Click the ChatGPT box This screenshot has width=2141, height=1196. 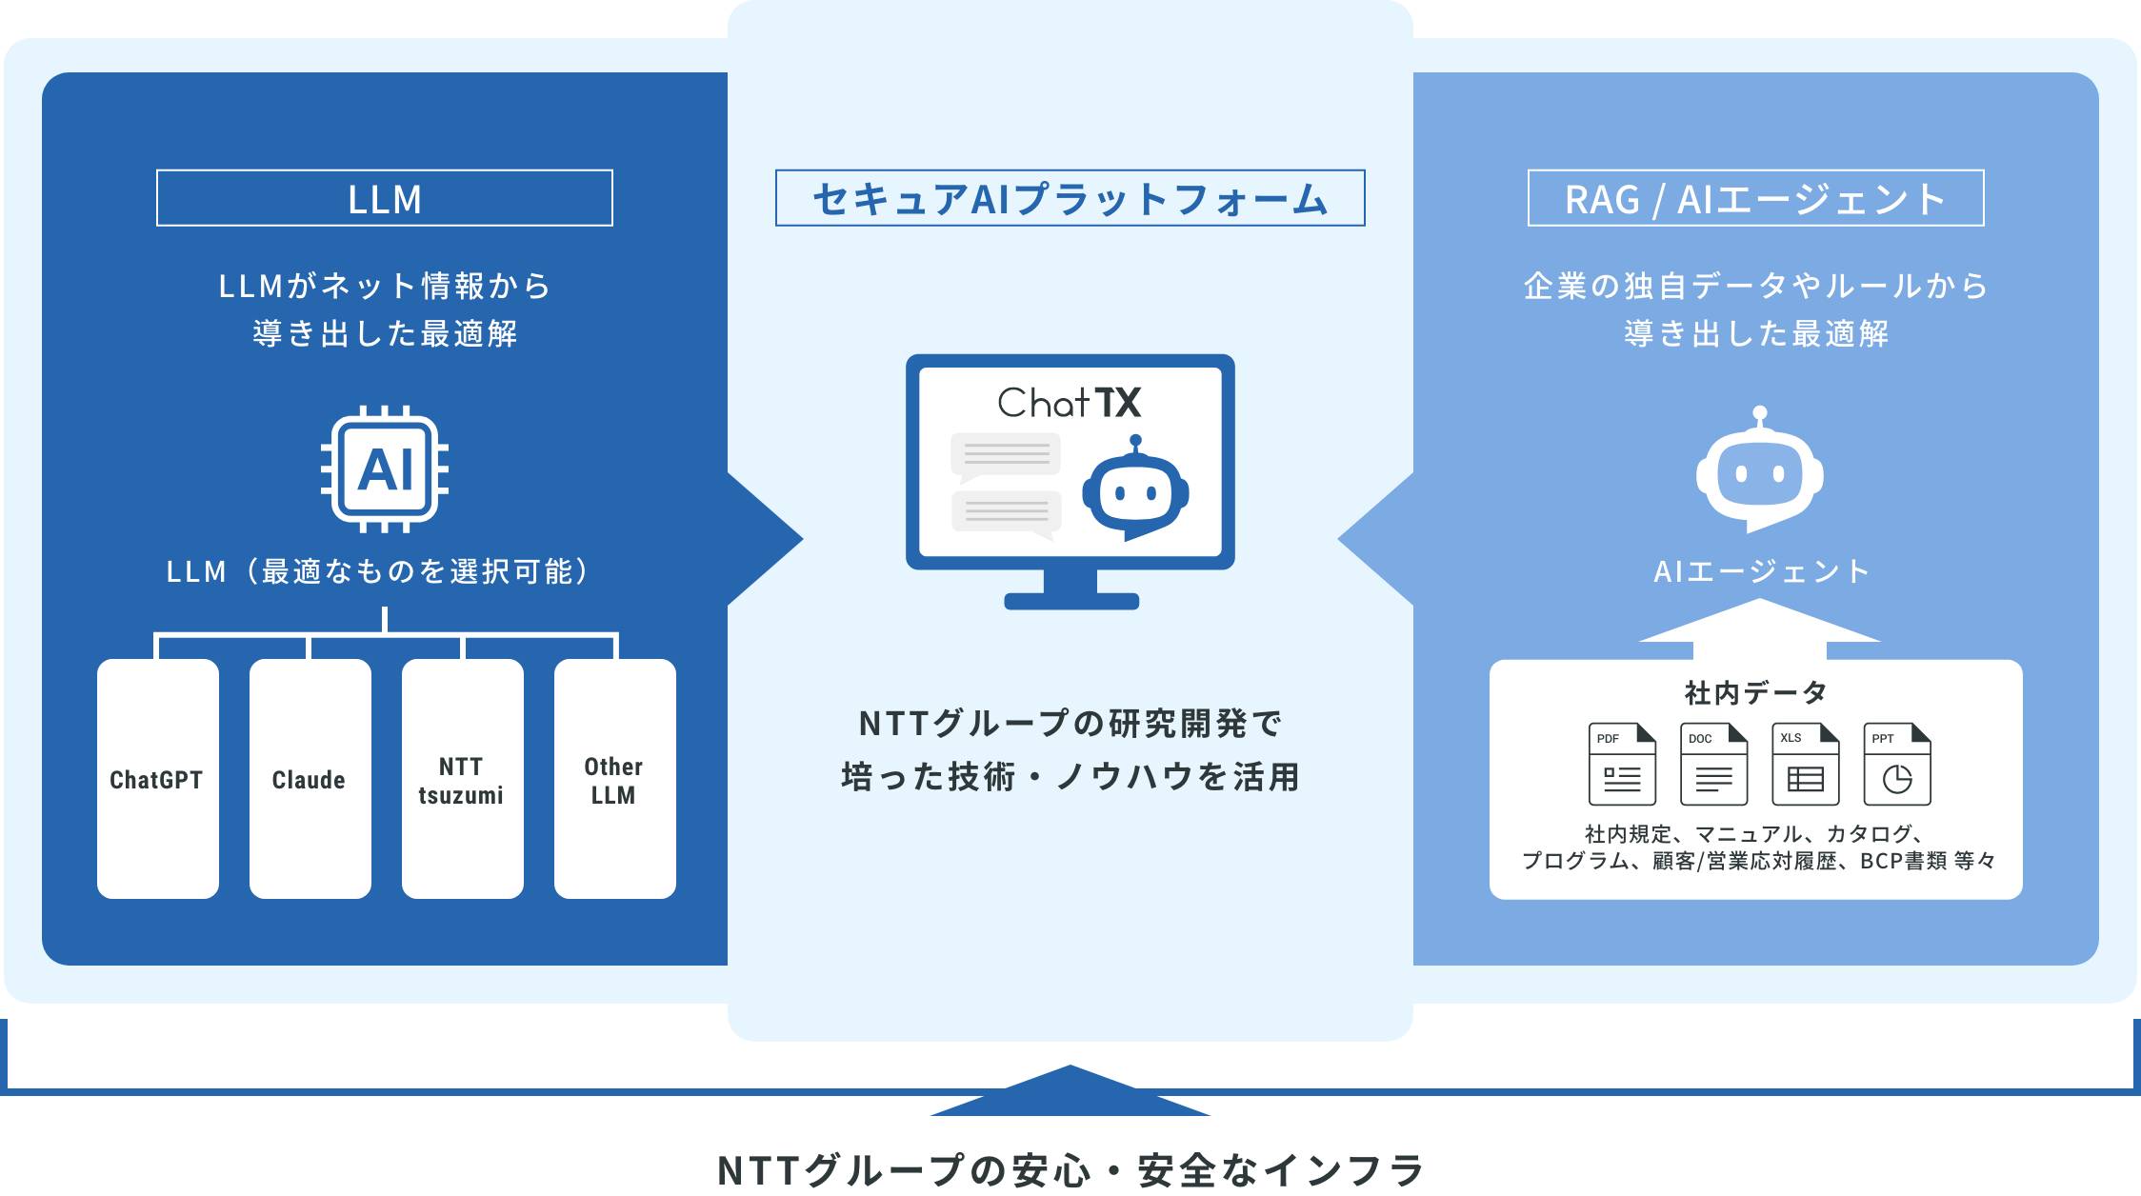point(157,779)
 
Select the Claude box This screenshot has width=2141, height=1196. point(310,779)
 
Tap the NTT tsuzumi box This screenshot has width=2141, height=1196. point(462,779)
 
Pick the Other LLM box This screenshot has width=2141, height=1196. point(614,779)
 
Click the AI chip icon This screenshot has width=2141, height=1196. point(385,469)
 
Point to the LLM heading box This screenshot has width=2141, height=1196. point(385,198)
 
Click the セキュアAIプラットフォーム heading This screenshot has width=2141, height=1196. point(1070,198)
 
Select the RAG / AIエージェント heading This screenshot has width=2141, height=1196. point(1755,198)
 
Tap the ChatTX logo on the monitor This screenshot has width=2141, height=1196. point(1069,403)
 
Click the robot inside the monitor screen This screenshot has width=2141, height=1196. point(1135,490)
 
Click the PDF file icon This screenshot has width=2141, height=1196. point(1622,765)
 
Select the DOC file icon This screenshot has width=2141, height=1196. point(1713,765)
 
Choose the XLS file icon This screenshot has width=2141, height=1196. point(1805,765)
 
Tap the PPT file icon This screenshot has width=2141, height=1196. point(1896,765)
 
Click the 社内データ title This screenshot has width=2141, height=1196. point(1755,692)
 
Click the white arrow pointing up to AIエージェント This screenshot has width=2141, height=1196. point(1759,628)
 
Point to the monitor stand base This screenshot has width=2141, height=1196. point(1071,601)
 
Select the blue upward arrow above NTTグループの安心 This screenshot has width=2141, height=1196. point(1070,1091)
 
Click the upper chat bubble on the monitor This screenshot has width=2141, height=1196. point(1006,454)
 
